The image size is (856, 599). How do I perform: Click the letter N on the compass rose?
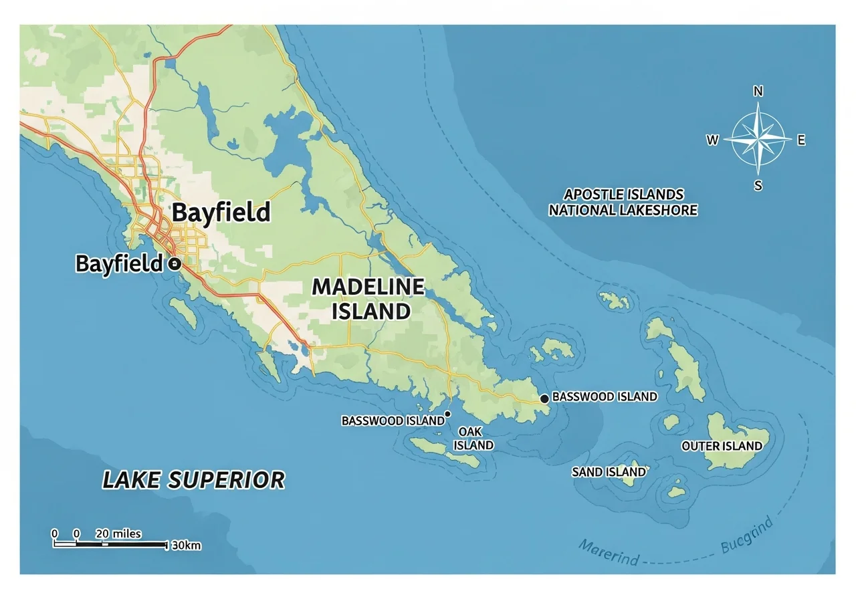point(758,92)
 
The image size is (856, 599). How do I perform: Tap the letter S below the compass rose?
point(758,187)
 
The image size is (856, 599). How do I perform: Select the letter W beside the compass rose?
point(713,140)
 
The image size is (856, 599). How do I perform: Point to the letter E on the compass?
point(801,140)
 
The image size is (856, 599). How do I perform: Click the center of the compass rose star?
point(758,140)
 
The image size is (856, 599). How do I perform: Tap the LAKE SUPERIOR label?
point(193,479)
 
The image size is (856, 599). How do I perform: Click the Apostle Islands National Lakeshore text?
point(623,202)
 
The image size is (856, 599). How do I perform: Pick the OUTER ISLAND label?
point(722,446)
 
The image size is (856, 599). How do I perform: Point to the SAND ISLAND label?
point(609,472)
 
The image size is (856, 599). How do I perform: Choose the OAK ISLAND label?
point(474,439)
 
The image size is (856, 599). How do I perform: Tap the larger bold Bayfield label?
point(221,213)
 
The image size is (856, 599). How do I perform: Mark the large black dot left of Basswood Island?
point(544,398)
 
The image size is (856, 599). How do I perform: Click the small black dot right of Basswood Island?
point(447,414)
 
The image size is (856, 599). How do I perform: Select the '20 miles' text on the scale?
point(118,533)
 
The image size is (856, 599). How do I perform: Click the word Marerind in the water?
point(609,552)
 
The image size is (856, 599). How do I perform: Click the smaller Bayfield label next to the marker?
point(119,263)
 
